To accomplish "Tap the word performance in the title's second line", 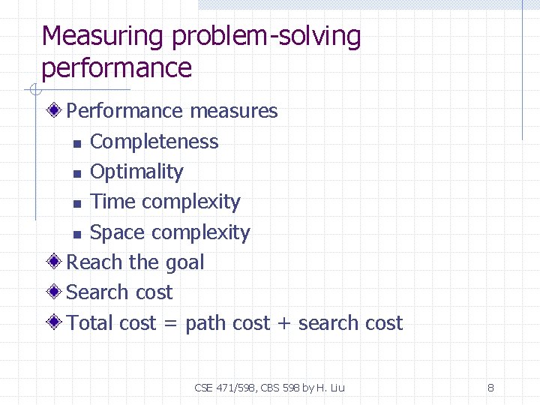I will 117,68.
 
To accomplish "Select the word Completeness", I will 154,142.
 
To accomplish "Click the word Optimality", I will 136,172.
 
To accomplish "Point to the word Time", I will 113,202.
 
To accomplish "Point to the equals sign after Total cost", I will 170,324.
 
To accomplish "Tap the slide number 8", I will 490,388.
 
